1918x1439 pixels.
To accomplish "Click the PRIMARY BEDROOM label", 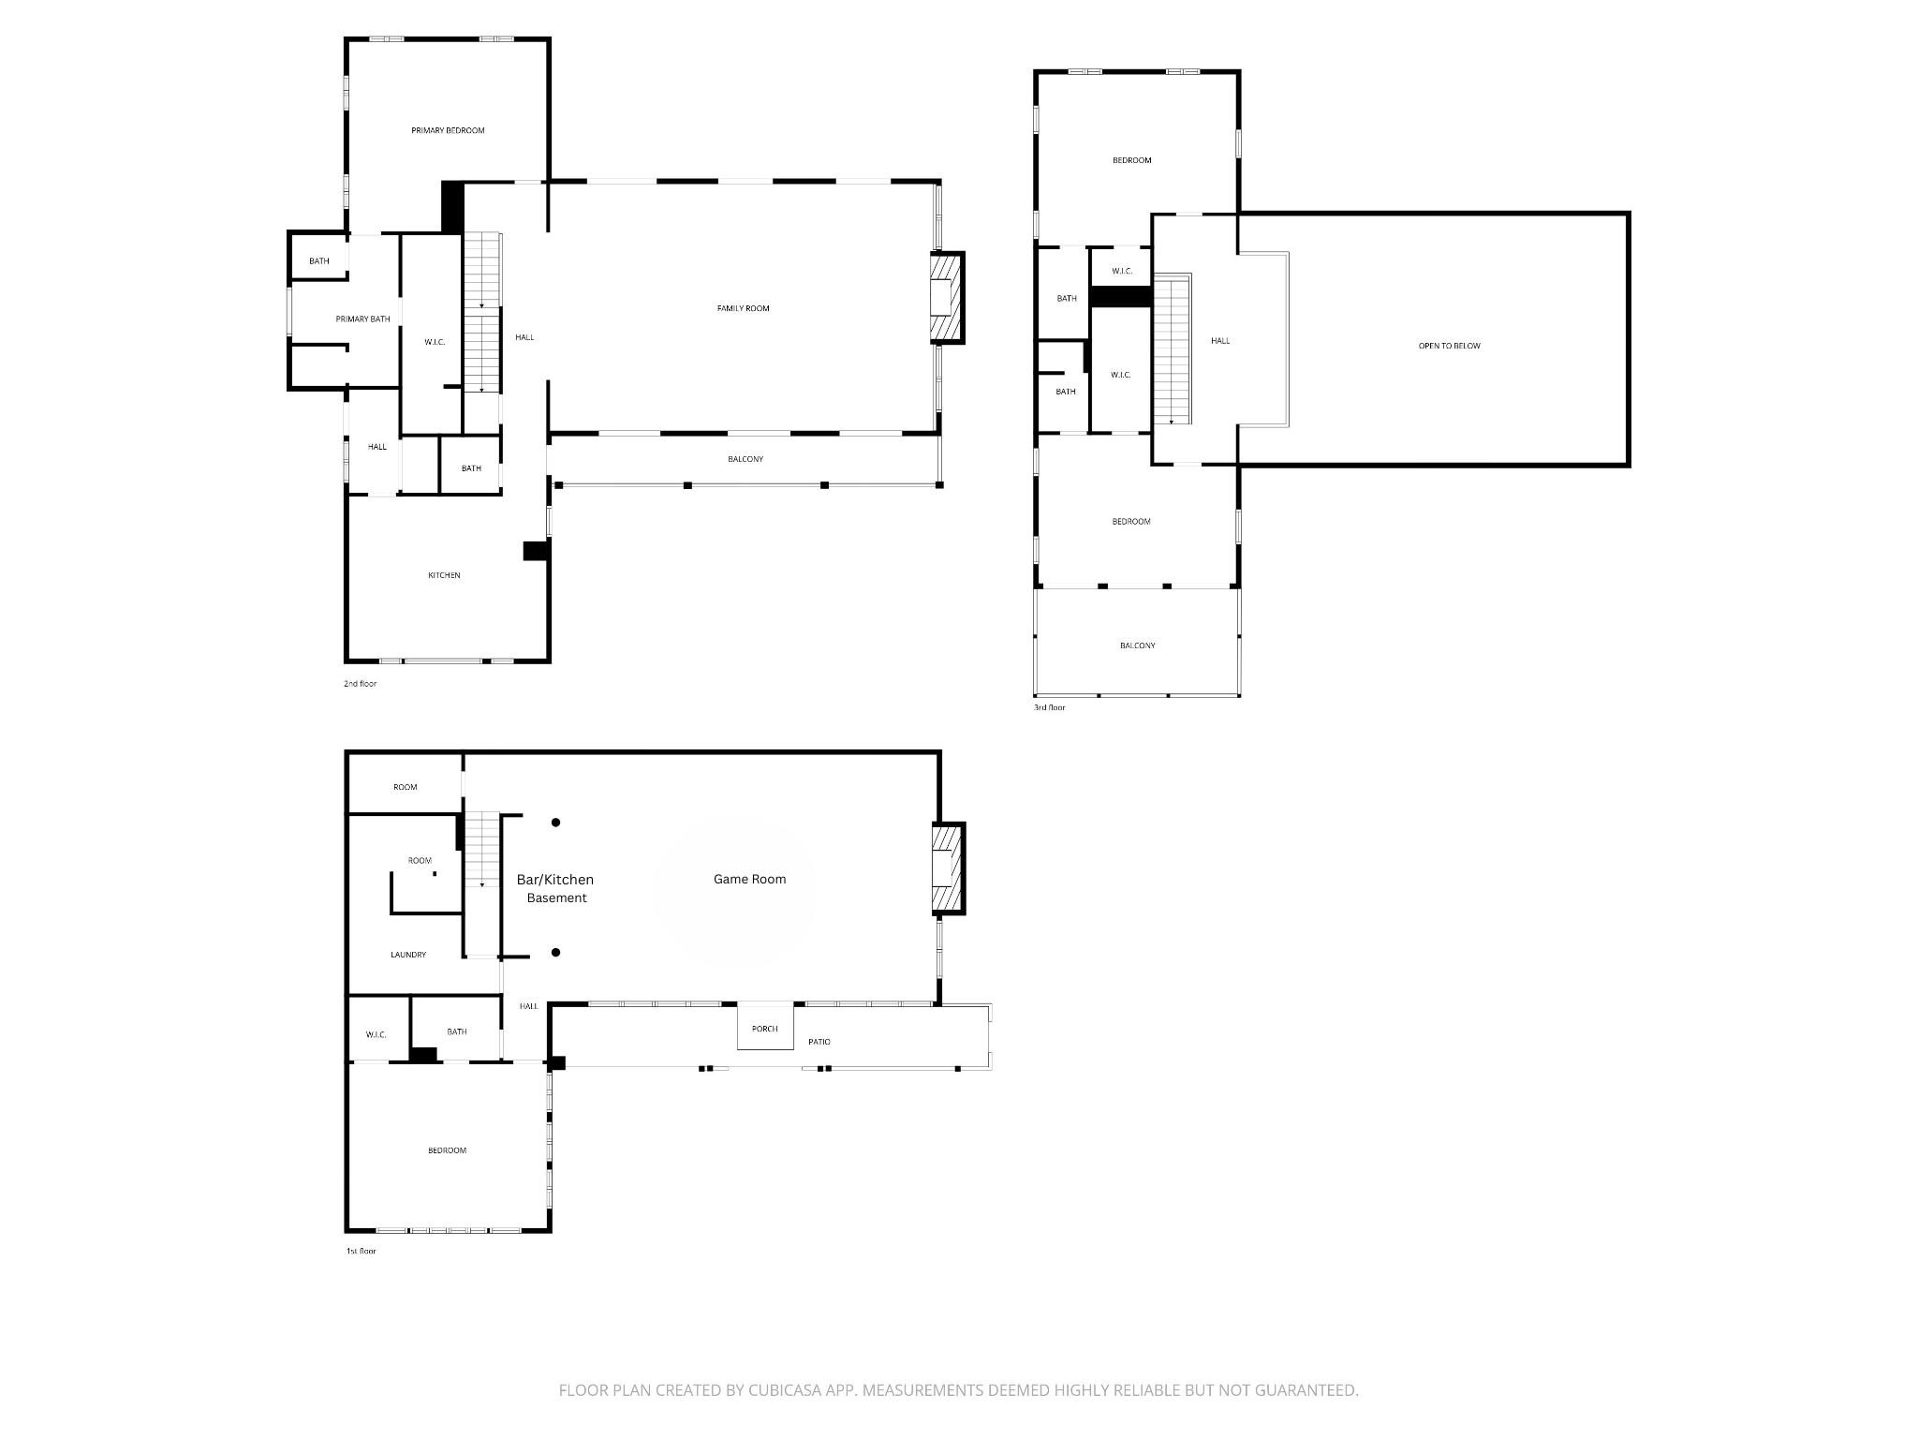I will (x=448, y=130).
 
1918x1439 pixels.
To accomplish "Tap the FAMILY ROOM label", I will (x=743, y=308).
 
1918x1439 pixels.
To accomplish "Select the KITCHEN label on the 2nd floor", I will (x=444, y=575).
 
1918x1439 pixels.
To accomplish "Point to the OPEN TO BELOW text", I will (x=1449, y=346).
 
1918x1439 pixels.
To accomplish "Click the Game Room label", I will (x=749, y=879).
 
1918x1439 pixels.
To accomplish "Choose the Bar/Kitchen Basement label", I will (x=555, y=888).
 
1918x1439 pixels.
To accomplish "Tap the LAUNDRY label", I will (x=408, y=955).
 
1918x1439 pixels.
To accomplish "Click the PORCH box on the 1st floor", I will (x=765, y=1029).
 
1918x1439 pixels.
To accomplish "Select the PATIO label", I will (x=819, y=1042).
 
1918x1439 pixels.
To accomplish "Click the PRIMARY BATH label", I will (x=362, y=319).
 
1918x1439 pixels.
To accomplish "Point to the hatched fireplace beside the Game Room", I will (x=947, y=868).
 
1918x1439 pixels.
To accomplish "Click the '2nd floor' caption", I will (x=360, y=684).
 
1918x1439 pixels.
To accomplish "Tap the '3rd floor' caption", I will (x=1049, y=707).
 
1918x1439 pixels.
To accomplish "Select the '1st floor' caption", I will (x=361, y=1251).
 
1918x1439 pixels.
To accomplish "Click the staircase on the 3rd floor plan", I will (x=1172, y=349).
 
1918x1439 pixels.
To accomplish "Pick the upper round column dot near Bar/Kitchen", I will (x=555, y=823).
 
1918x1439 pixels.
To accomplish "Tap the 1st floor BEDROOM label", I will (x=447, y=1150).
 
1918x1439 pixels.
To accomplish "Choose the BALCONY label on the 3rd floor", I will (x=1137, y=645).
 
